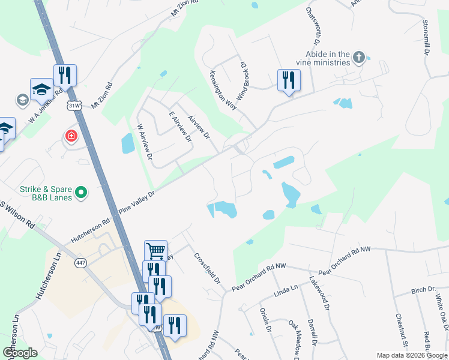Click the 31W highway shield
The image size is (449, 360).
[x=74, y=106]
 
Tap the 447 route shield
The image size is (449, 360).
[x=81, y=262]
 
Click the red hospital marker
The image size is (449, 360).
[x=71, y=136]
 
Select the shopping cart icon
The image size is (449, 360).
[x=155, y=250]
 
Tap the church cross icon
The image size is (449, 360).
[x=359, y=58]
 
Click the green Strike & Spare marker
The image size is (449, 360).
[x=82, y=193]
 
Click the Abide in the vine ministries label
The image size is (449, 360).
[x=322, y=58]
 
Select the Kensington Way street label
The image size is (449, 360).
[x=223, y=89]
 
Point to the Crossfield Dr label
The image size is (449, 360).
[x=207, y=268]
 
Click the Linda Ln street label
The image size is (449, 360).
[x=286, y=290]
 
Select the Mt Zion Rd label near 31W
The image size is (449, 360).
[x=102, y=95]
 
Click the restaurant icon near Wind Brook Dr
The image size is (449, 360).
[x=289, y=80]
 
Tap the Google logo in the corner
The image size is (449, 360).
[x=19, y=353]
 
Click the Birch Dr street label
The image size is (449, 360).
[x=423, y=290]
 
